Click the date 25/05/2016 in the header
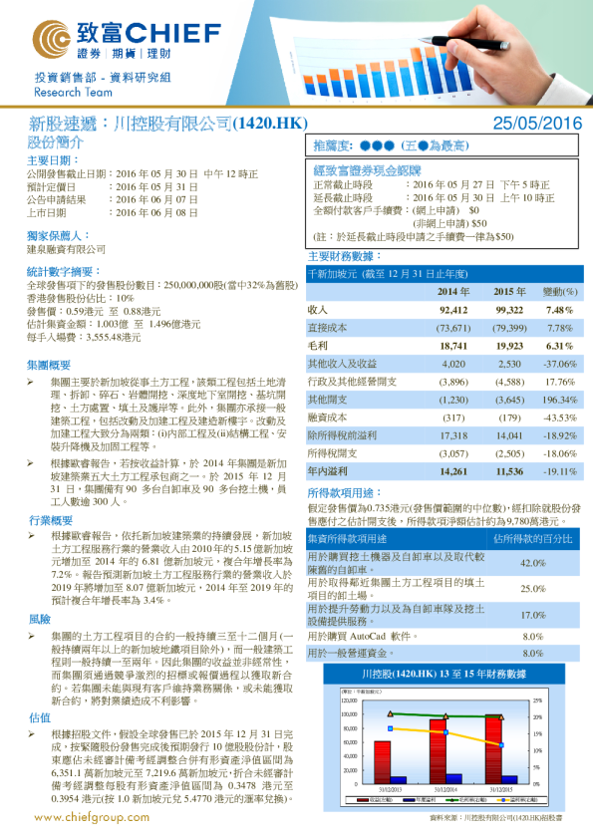(537, 124)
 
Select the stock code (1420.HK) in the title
(270, 124)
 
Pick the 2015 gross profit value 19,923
(509, 344)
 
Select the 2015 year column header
(509, 291)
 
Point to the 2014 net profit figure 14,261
(452, 470)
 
